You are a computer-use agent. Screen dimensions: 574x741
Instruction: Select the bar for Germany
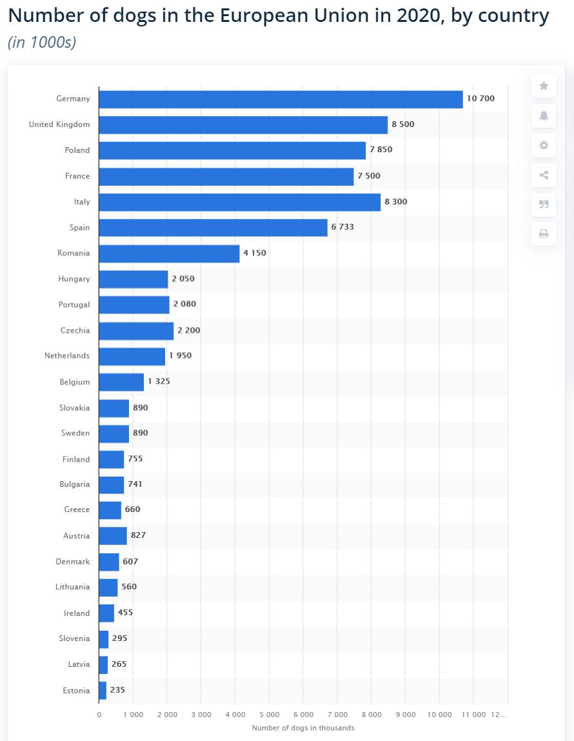click(x=281, y=99)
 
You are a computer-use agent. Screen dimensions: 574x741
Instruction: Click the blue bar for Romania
click(x=169, y=253)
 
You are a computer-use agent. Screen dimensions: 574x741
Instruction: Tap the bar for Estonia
click(x=103, y=691)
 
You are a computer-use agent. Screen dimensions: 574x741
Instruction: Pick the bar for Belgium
click(x=121, y=382)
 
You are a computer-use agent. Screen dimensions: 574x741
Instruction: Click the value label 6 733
click(x=342, y=227)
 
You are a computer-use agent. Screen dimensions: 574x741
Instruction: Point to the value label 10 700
click(x=480, y=98)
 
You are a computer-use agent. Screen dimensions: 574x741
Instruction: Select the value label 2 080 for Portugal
click(x=184, y=304)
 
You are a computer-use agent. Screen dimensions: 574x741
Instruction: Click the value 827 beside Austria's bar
click(x=139, y=535)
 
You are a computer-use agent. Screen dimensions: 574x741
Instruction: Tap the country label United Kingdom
click(x=59, y=124)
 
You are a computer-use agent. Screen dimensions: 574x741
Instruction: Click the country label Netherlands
click(x=67, y=355)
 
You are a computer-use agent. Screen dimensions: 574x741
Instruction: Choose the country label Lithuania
click(x=72, y=586)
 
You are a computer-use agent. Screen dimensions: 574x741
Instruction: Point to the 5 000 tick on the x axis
click(x=270, y=715)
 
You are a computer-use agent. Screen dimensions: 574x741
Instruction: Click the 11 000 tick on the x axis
click(x=473, y=715)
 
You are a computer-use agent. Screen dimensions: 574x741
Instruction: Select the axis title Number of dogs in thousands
click(x=303, y=727)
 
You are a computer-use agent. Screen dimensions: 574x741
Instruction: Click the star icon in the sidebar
click(x=544, y=86)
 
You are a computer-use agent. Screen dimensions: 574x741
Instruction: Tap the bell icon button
click(x=544, y=116)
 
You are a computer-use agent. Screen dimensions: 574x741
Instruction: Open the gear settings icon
click(x=544, y=145)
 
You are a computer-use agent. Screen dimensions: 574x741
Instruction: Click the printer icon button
click(x=544, y=233)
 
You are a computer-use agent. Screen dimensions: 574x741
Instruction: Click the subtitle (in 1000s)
click(x=42, y=42)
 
